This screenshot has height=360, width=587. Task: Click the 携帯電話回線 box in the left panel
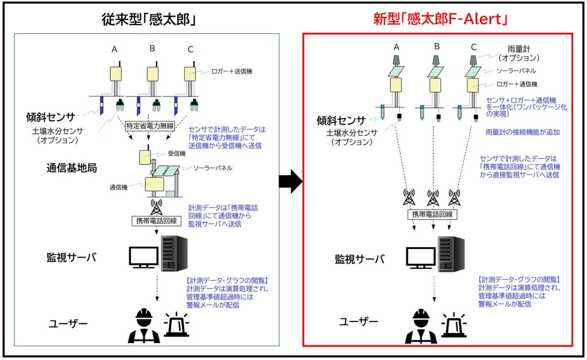click(155, 221)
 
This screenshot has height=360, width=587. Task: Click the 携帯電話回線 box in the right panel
click(433, 214)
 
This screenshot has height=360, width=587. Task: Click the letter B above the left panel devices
click(152, 49)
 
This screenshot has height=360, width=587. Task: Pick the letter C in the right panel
click(473, 47)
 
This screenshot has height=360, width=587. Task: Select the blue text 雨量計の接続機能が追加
click(522, 132)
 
